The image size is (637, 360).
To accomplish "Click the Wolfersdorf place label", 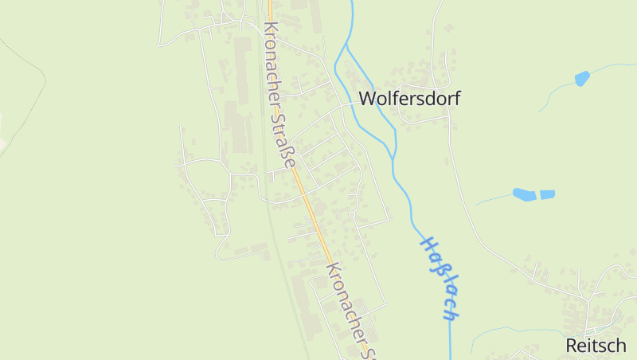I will pos(409,99).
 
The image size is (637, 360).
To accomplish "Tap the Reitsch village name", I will pos(596,345).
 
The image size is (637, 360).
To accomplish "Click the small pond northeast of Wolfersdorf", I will pos(582,78).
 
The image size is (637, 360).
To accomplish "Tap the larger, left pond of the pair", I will pos(524,194).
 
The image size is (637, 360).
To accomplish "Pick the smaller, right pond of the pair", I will pos(547,194).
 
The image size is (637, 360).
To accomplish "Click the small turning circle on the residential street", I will pos(352,214).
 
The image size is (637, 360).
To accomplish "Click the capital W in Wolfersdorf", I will pos(368,99).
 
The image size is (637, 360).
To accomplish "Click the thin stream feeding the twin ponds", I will pos(494,198).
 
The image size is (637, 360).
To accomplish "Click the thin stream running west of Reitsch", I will pos(510,328).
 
